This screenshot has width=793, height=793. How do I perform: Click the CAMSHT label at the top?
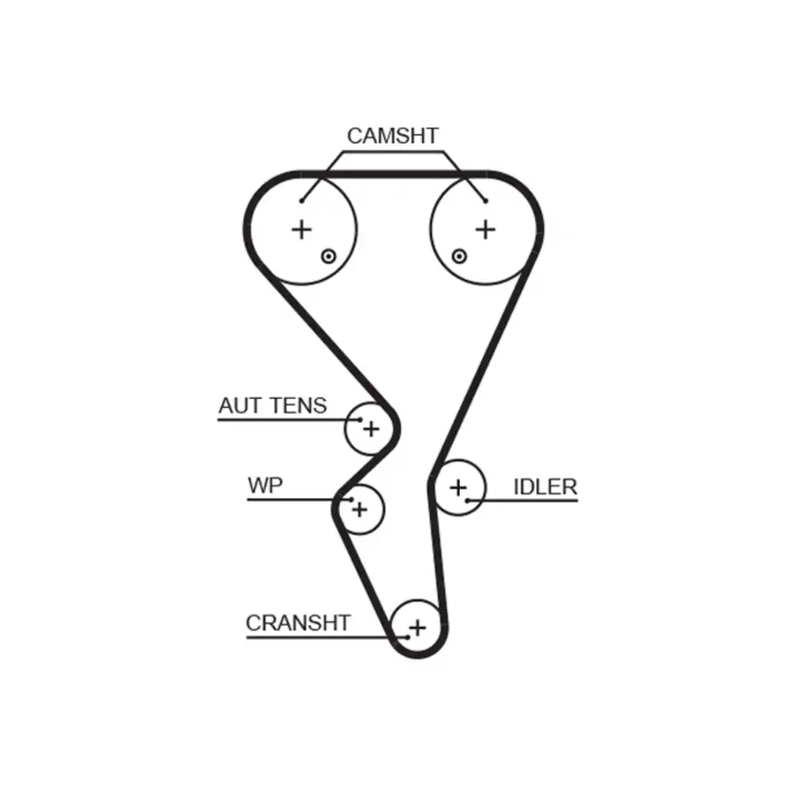tap(392, 136)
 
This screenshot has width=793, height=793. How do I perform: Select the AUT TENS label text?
tap(272, 406)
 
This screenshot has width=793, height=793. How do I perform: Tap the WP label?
tap(265, 485)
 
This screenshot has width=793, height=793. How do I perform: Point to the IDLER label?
tap(545, 487)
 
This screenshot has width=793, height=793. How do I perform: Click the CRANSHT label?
tap(297, 623)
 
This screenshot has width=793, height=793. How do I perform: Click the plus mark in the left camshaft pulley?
tap(301, 230)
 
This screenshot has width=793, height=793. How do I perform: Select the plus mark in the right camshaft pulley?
tap(485, 230)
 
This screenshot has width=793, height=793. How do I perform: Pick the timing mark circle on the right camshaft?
tap(458, 255)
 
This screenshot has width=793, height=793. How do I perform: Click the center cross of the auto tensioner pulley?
tap(371, 429)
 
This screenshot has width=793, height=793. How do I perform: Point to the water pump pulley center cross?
tap(360, 508)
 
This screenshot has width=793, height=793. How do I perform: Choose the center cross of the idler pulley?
tap(458, 488)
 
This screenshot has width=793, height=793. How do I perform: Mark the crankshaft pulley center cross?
tap(418, 627)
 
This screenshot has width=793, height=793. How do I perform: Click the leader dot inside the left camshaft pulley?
tap(301, 201)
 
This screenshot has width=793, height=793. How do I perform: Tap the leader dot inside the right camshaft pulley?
tap(485, 201)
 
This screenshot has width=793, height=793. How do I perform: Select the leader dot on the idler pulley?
tap(469, 500)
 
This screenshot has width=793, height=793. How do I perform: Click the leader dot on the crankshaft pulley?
tap(407, 636)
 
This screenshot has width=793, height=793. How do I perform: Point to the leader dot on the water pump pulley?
tap(350, 499)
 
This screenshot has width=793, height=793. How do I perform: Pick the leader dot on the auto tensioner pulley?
tap(361, 419)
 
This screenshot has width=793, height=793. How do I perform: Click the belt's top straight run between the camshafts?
tap(393, 173)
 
